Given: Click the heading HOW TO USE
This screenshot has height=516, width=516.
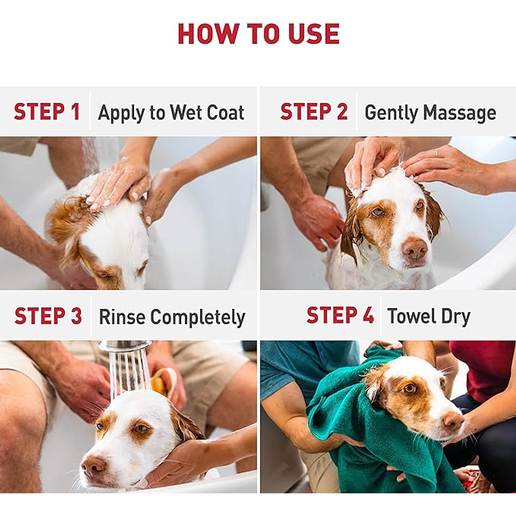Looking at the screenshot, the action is (x=259, y=34).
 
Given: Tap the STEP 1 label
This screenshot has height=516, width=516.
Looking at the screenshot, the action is (x=47, y=111).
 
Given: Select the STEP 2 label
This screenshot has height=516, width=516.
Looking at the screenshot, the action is (x=314, y=111).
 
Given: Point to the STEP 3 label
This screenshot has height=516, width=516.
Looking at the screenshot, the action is (x=48, y=315).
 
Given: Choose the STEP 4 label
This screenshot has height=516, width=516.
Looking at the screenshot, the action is (x=340, y=315).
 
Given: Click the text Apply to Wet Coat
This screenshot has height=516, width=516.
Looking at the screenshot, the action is (x=171, y=113).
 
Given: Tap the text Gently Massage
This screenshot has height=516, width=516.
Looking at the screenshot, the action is (x=430, y=113).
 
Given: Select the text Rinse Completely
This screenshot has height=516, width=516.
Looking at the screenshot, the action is (x=172, y=317).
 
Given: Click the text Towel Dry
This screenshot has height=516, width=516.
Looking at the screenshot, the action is (x=429, y=317).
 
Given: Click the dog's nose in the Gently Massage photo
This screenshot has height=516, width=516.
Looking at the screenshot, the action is (x=415, y=249).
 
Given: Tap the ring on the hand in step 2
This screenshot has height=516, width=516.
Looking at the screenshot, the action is (x=437, y=153).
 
